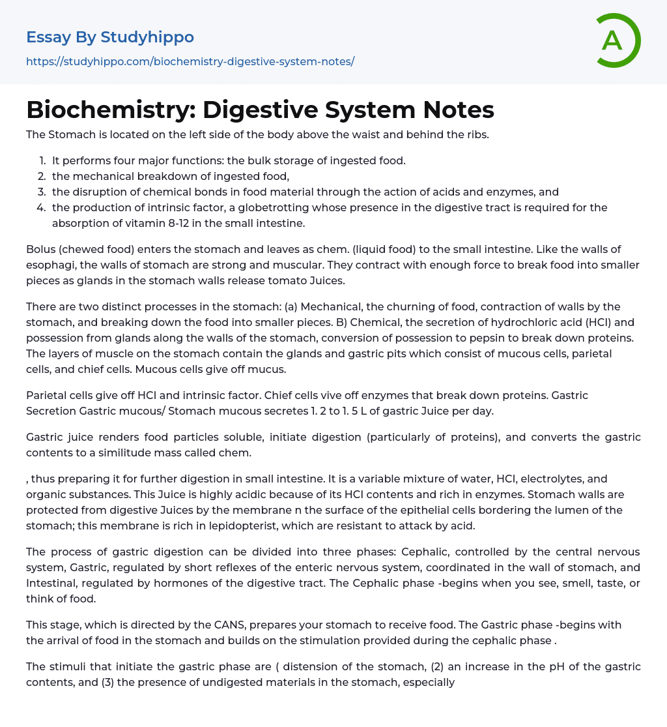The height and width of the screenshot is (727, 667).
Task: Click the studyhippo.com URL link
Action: pos(190,61)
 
